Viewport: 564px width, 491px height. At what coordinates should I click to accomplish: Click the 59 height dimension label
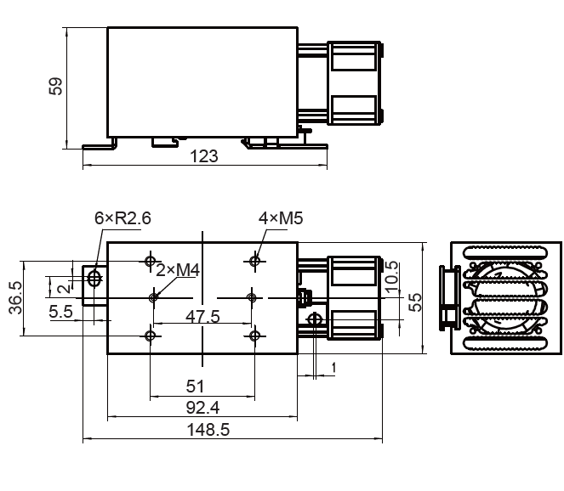(x=55, y=86)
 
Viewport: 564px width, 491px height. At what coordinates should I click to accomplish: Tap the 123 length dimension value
(x=203, y=156)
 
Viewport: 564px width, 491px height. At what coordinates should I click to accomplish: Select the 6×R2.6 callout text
(x=122, y=218)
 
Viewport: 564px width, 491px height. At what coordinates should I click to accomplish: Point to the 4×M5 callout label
(x=281, y=218)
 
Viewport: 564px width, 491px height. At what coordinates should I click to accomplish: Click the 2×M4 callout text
(x=178, y=270)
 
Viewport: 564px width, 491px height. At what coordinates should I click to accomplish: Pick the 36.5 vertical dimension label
(x=16, y=298)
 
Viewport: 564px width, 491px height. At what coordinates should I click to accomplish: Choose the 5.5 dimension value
(x=60, y=312)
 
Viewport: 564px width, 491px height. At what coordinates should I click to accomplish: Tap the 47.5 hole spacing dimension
(x=202, y=317)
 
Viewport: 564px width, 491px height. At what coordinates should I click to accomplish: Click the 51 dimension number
(x=195, y=387)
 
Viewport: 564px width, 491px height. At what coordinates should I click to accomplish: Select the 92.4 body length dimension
(x=202, y=408)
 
